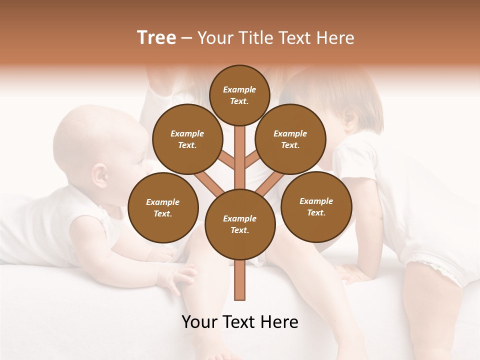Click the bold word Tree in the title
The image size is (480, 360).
[156, 38]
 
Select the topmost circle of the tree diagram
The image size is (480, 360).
[239, 95]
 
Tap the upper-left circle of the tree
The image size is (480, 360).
[187, 139]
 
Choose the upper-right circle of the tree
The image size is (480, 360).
[290, 139]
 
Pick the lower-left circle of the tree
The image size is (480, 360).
[163, 207]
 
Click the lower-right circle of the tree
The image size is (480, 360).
[316, 206]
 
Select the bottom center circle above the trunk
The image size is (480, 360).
[239, 224]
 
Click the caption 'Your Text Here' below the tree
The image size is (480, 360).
[239, 322]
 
